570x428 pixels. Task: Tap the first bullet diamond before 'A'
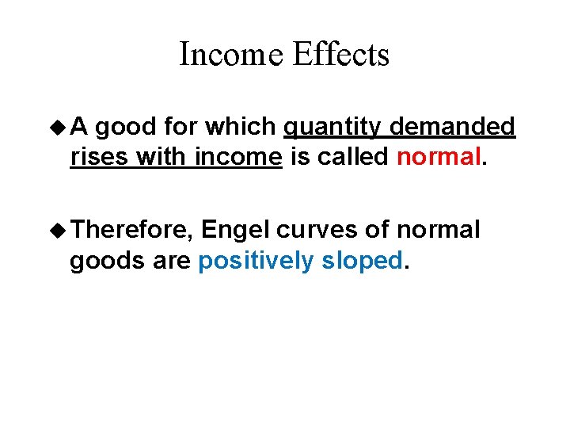click(x=58, y=127)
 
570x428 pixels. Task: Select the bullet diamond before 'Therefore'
click(x=58, y=231)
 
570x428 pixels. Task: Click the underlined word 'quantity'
click(x=327, y=127)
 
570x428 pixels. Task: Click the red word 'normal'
click(x=437, y=157)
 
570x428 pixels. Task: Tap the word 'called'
click(x=352, y=157)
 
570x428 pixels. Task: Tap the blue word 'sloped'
click(x=363, y=261)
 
